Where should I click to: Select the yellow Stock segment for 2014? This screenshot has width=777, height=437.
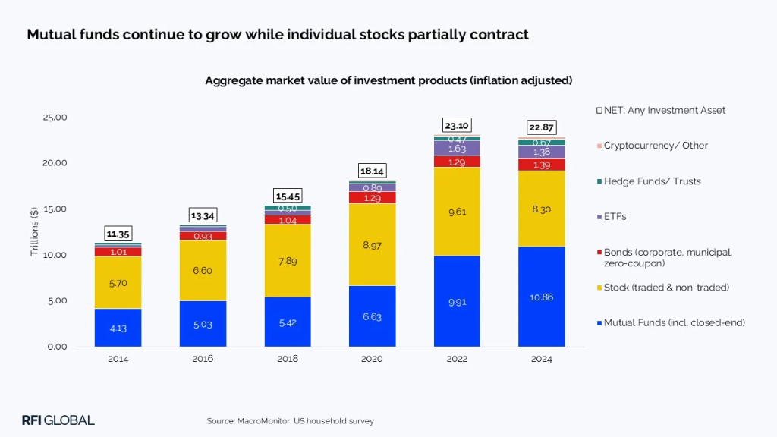tap(118, 282)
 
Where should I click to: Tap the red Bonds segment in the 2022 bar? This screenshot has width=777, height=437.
tap(457, 162)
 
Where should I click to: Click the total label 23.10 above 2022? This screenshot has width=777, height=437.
tap(457, 126)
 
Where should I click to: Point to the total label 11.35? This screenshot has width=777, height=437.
tap(118, 234)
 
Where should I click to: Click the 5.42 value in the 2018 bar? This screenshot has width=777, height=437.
tap(288, 322)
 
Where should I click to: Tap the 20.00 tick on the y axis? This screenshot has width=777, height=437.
tap(56, 163)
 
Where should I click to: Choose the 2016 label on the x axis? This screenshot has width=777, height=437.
tap(203, 359)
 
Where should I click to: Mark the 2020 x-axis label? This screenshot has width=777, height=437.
tap(372, 359)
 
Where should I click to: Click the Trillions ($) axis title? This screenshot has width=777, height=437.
tap(35, 232)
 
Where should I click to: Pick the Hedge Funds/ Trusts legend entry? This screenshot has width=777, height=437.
tap(652, 181)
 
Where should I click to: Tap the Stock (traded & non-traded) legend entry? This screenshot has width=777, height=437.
tap(665, 287)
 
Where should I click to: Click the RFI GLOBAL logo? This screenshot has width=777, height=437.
tap(58, 420)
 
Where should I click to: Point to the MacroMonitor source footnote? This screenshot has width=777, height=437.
tap(290, 420)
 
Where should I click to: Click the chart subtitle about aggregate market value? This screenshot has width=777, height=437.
tap(388, 80)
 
